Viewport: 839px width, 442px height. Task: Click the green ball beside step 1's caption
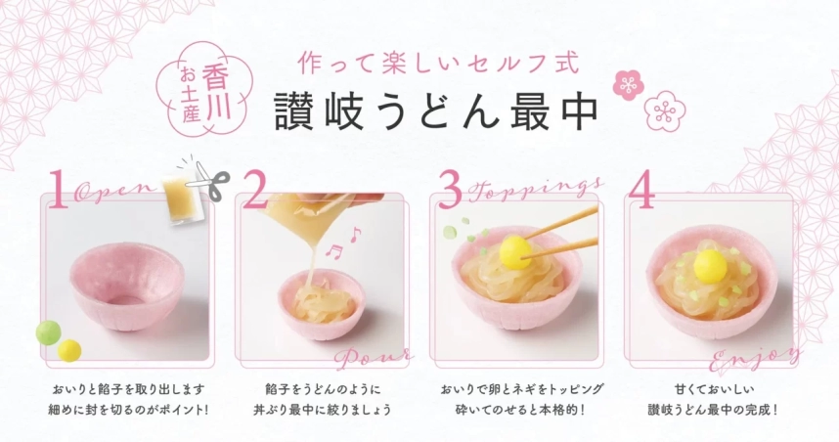click(46, 333)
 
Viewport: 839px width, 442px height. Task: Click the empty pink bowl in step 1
click(124, 289)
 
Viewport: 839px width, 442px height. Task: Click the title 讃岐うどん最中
click(436, 110)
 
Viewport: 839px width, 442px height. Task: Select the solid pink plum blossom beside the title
click(626, 86)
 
